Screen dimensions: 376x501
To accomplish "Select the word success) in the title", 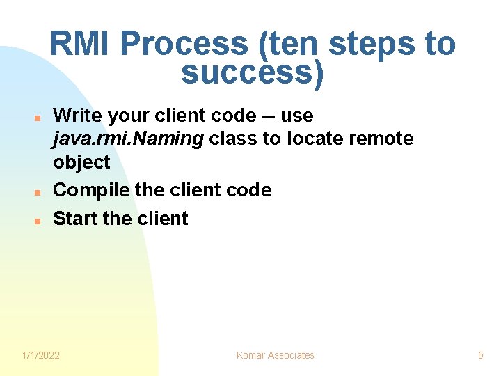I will coord(252,73).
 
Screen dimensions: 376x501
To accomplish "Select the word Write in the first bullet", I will coord(76,115).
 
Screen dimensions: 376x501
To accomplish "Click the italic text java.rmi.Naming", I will coord(128,139).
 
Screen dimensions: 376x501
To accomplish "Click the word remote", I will coord(381,139).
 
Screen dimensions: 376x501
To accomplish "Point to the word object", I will coord(81,162).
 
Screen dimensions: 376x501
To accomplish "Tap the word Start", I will coord(75,218).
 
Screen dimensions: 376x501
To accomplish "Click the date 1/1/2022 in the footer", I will coord(41,355).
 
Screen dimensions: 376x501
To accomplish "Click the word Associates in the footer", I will coord(292,355).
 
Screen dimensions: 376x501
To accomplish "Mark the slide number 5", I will coord(480,355).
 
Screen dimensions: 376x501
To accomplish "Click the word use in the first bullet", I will coord(296,115).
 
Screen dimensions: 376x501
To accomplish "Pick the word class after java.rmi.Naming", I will coord(232,139).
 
